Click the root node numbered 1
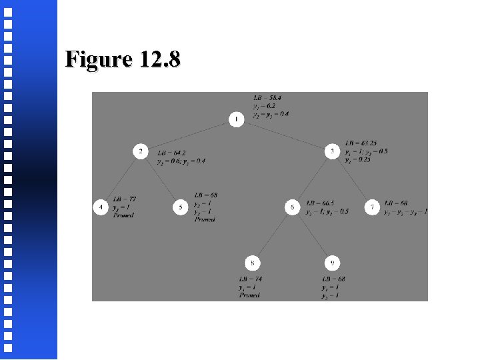click(236, 119)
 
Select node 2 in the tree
click(140, 152)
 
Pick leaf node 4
click(100, 207)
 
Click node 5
click(180, 207)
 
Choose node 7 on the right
click(373, 207)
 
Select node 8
click(253, 263)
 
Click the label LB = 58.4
click(267, 97)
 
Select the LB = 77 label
click(125, 199)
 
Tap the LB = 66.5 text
click(320, 203)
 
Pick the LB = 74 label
click(251, 279)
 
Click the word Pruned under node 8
click(249, 295)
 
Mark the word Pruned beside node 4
click(123, 215)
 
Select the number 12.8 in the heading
click(160, 59)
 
